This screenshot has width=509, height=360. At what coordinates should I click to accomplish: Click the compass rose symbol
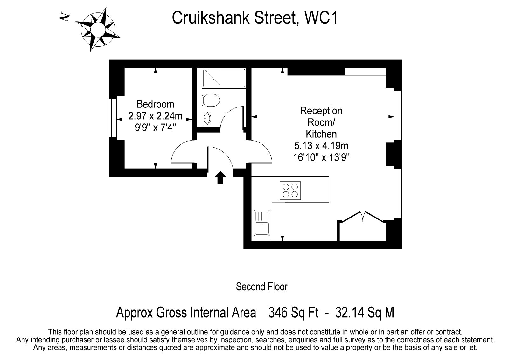pyautogui.click(x=98, y=30)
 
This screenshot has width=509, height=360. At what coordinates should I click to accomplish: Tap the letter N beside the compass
pyautogui.click(x=64, y=17)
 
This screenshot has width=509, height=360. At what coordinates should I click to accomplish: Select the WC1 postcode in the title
pyautogui.click(x=321, y=18)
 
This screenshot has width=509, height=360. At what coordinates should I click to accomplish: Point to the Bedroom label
pyautogui.click(x=156, y=105)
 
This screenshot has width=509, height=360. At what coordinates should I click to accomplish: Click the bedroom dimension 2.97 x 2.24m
pyautogui.click(x=156, y=116)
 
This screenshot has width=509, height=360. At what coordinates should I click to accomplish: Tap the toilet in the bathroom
pyautogui.click(x=211, y=100)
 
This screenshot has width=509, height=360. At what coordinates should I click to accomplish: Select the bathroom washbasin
pyautogui.click(x=206, y=118)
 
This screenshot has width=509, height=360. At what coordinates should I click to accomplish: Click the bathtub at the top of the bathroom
pyautogui.click(x=224, y=78)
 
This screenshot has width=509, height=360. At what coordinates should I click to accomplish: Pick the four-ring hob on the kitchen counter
pyautogui.click(x=290, y=190)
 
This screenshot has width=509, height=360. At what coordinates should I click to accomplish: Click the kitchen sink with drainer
pyautogui.click(x=262, y=223)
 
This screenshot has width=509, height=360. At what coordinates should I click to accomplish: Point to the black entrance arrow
pyautogui.click(x=220, y=178)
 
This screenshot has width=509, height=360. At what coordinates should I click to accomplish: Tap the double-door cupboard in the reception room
pyautogui.click(x=363, y=226)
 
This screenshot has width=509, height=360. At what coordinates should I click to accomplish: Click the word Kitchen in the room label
pyautogui.click(x=321, y=134)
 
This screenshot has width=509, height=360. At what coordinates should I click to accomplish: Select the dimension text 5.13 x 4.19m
pyautogui.click(x=321, y=146)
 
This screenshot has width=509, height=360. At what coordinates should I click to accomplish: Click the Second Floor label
pyautogui.click(x=262, y=287)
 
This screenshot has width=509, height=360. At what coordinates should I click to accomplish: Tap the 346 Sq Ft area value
pyautogui.click(x=294, y=313)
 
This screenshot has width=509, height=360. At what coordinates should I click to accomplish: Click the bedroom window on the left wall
pyautogui.click(x=113, y=118)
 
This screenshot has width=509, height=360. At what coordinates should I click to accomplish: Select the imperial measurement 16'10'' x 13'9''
pyautogui.click(x=321, y=157)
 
